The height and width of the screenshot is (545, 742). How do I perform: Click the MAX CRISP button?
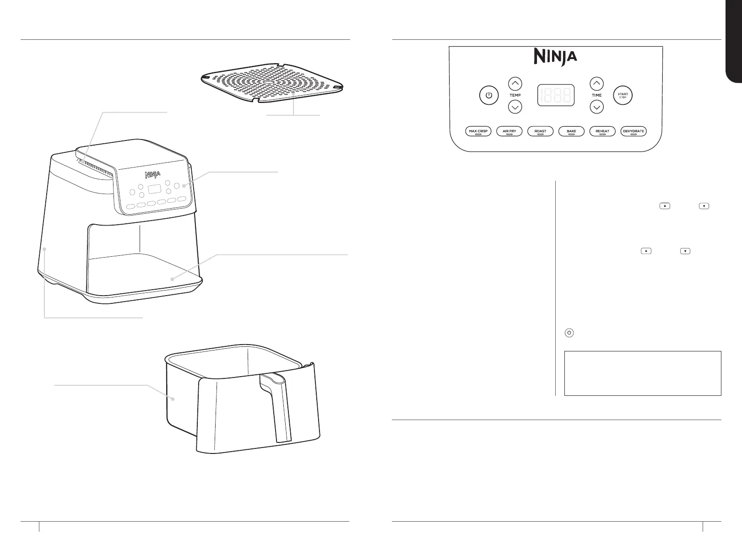[x=478, y=131]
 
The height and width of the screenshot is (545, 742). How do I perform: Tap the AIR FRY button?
[x=509, y=131]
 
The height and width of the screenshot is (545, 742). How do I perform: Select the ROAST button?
[x=540, y=131]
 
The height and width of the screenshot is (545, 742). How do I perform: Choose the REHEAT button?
[x=602, y=131]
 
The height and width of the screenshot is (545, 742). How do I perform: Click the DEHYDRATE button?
[x=633, y=131]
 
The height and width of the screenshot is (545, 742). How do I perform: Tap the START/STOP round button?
[x=623, y=96]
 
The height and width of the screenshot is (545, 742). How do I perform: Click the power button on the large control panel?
[x=489, y=96]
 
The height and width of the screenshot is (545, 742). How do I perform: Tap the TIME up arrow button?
[x=596, y=84]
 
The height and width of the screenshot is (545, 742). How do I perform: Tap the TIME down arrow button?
[x=596, y=108]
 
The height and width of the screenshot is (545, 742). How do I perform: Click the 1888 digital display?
[x=556, y=96]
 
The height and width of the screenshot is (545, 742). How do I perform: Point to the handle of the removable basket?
[x=277, y=403]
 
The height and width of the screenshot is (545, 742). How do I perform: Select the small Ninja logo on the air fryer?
[x=153, y=174]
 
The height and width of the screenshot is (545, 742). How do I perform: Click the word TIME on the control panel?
[x=596, y=96]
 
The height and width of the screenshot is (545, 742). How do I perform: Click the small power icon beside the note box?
[x=569, y=333]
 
